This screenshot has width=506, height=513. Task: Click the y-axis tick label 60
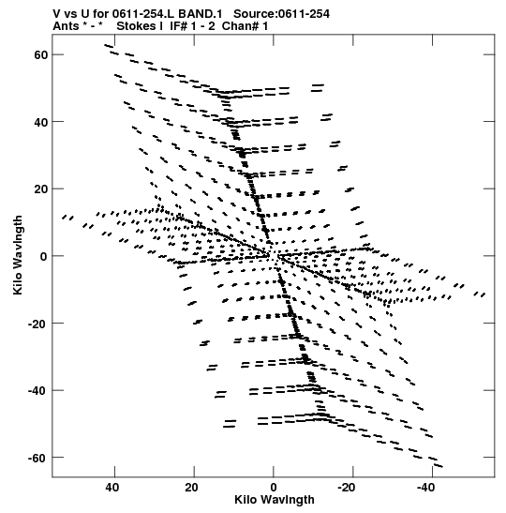coord(41,54)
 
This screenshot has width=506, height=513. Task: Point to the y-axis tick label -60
coord(37,458)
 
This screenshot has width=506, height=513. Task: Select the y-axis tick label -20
coord(37,324)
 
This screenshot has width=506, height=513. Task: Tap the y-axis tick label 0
coord(44,256)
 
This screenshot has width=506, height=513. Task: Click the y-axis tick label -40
coord(37,391)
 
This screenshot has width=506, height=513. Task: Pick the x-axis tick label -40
coord(426,488)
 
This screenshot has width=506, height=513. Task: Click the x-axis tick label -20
coord(346,488)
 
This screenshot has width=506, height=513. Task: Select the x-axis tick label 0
coord(274,488)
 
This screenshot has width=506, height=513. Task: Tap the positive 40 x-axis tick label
coord(112,488)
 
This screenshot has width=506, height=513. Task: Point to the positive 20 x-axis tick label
coord(192,488)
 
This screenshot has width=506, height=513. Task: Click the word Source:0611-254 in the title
coord(281,14)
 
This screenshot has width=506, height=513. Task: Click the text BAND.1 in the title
coord(200,14)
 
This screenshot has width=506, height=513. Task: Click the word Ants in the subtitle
coord(66,26)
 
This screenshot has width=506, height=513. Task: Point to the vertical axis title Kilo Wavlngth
coord(18,255)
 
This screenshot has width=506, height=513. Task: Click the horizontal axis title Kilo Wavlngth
coord(275,500)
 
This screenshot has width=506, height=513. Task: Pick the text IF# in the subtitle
coord(178,26)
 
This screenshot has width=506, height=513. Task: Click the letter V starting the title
coord(56,14)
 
